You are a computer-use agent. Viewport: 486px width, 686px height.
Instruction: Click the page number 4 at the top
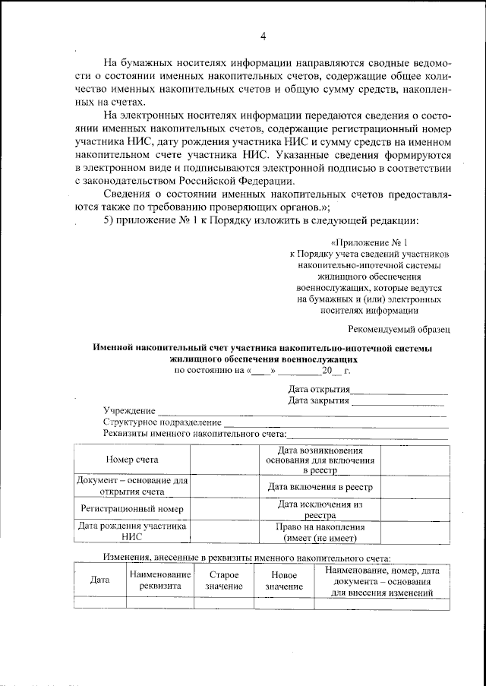[263, 36]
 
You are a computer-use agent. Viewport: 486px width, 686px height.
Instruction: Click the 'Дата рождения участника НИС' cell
[132, 533]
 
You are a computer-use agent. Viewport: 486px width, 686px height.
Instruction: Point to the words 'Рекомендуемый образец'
[399, 329]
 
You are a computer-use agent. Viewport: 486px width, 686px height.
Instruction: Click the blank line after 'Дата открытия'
[399, 391]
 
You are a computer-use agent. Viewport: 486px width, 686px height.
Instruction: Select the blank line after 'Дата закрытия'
[399, 403]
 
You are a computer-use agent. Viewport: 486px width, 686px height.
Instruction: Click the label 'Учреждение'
[125, 411]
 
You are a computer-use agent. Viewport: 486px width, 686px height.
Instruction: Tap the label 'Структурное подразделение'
[162, 422]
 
